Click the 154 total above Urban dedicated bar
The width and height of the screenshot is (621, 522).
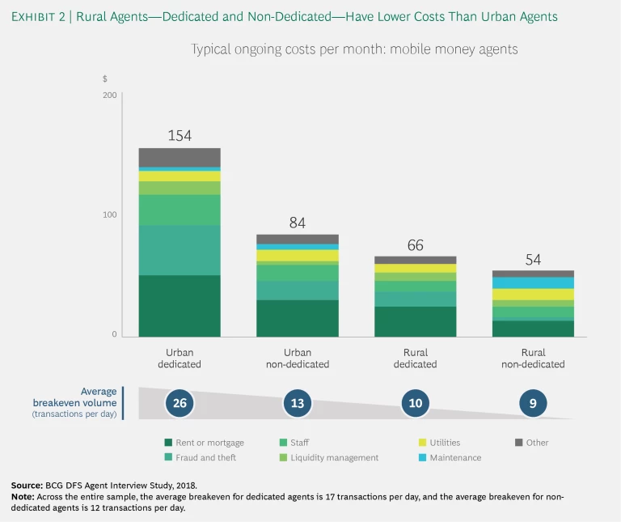(x=180, y=136)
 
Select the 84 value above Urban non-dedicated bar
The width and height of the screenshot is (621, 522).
(x=298, y=223)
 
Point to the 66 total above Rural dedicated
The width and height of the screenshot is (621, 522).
(x=416, y=244)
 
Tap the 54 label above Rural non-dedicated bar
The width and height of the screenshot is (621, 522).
(x=534, y=260)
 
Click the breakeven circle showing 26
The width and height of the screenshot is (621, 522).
(x=180, y=402)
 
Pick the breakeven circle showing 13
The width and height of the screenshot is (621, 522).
(x=298, y=402)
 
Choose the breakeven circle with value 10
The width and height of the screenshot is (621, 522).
(x=416, y=402)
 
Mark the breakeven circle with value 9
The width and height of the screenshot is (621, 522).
(x=534, y=402)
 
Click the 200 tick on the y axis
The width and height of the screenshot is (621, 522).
(x=109, y=95)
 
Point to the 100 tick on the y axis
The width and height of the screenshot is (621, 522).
(x=109, y=215)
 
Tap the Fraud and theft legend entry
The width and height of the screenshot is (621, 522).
(x=202, y=457)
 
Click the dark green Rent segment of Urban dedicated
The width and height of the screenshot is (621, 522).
(x=180, y=305)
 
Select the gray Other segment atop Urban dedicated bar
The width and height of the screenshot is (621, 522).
(x=180, y=157)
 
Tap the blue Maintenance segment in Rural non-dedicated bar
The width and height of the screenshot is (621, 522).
(x=534, y=282)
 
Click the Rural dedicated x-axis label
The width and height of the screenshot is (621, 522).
(x=416, y=358)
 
